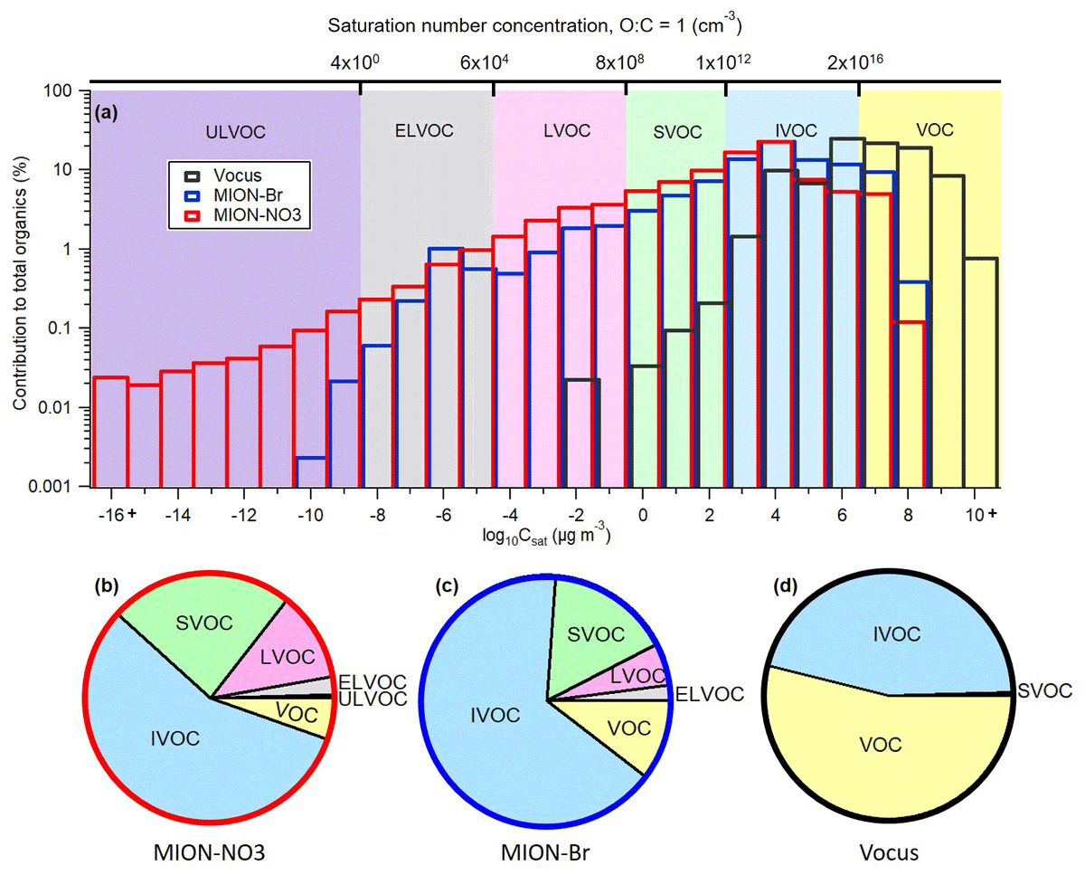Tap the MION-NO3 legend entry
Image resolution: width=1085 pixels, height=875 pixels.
pyautogui.click(x=242, y=215)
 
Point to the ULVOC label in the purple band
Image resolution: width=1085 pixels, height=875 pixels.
pyautogui.click(x=235, y=132)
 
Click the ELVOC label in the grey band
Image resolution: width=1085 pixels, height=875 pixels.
pyautogui.click(x=424, y=131)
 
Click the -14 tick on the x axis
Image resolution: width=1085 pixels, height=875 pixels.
pyautogui.click(x=177, y=515)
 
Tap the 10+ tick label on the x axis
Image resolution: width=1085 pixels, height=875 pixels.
pyautogui.click(x=981, y=515)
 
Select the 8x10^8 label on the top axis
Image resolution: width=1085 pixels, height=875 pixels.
pyautogui.click(x=619, y=62)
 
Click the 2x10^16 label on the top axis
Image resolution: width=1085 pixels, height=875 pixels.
pyautogui.click(x=855, y=62)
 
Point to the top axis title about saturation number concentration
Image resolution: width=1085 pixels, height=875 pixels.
pyautogui.click(x=535, y=24)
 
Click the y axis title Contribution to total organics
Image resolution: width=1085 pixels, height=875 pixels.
pyautogui.click(x=20, y=283)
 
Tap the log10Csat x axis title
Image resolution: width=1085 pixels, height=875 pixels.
pyautogui.click(x=546, y=536)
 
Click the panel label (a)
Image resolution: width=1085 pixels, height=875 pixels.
pyautogui.click(x=106, y=112)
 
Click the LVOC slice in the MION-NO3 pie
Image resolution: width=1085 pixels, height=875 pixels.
pyautogui.click(x=282, y=656)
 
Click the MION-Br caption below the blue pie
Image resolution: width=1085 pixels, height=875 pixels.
pyautogui.click(x=545, y=852)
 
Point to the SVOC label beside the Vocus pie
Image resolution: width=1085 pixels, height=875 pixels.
pyautogui.click(x=1044, y=690)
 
